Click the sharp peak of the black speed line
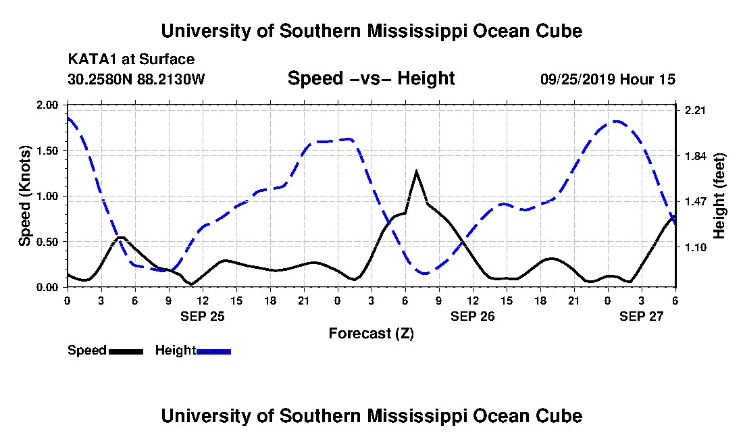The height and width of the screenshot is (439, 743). (416, 171)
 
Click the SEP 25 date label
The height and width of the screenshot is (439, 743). (202, 315)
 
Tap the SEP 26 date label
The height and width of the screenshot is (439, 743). (472, 315)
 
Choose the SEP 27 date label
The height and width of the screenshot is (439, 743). (642, 315)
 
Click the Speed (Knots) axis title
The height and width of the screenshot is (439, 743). (25, 196)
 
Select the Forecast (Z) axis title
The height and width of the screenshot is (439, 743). (371, 333)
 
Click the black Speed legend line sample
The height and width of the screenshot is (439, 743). (126, 351)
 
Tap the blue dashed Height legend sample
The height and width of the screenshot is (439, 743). (213, 351)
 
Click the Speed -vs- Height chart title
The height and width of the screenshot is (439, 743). (371, 78)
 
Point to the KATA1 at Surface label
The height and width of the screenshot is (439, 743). (131, 60)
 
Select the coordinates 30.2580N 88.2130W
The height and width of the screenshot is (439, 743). (136, 80)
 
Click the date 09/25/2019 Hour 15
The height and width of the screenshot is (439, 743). (607, 80)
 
